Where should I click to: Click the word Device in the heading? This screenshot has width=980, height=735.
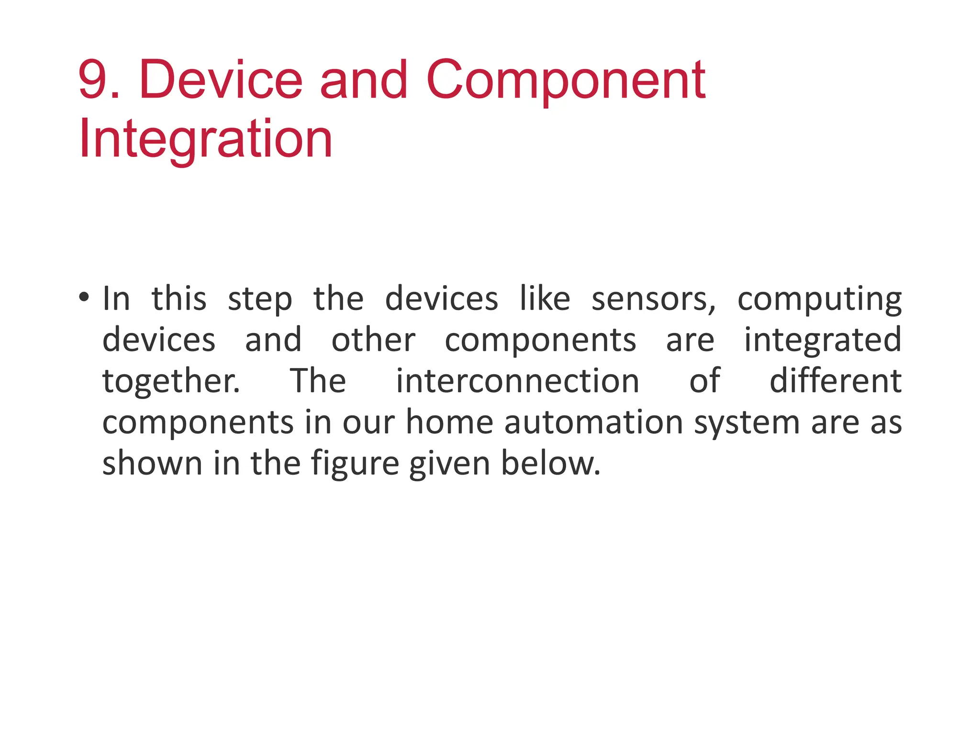coord(221,79)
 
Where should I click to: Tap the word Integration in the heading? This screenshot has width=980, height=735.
coord(205,139)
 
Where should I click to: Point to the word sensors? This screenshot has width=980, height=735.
coord(653,300)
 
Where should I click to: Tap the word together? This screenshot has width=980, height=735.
coord(171,381)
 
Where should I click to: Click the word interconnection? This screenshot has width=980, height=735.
coord(517,381)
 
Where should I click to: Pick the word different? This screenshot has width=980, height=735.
coord(835,381)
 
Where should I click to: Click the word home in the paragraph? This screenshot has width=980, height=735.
coord(449,423)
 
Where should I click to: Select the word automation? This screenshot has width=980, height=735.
coord(593,423)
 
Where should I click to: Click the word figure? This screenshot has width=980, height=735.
coord(355,465)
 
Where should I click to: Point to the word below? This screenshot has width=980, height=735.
coord(550,464)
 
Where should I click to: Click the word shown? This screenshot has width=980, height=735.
coord(152,464)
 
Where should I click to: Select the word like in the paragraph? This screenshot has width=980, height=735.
coord(545,299)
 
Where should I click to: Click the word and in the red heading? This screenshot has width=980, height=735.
coord(363,79)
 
